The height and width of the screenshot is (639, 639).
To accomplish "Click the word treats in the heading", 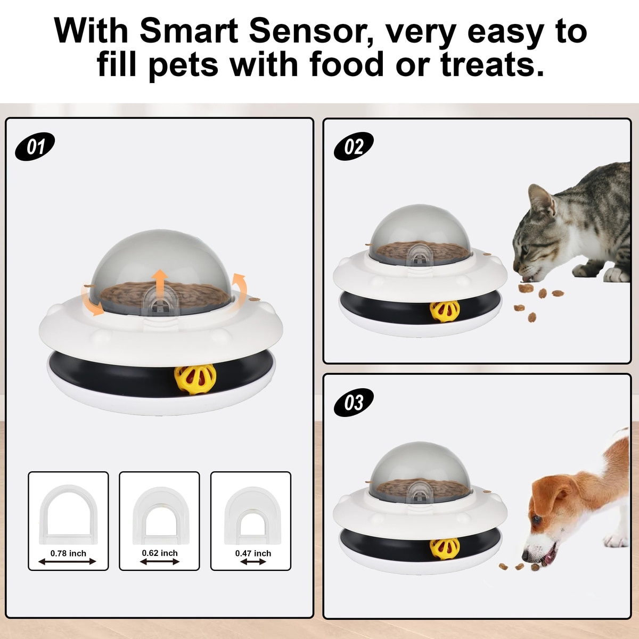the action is pos(492,64).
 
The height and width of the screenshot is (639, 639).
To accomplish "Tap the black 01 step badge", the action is pos(35,146).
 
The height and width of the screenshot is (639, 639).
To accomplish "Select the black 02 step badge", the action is pos(354,146).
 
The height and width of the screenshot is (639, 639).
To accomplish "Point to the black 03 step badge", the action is pos(354,403).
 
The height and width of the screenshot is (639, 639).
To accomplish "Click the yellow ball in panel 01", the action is pos(195,379).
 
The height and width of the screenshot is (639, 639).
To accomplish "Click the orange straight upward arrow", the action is pos(161,284).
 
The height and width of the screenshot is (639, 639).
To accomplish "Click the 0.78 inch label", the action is pos(68,553).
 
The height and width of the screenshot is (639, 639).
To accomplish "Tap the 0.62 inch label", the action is pos(160,553).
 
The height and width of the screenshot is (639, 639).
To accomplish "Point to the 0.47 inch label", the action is pos(253,553).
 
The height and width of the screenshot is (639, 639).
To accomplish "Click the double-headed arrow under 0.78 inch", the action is pos(67,561).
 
